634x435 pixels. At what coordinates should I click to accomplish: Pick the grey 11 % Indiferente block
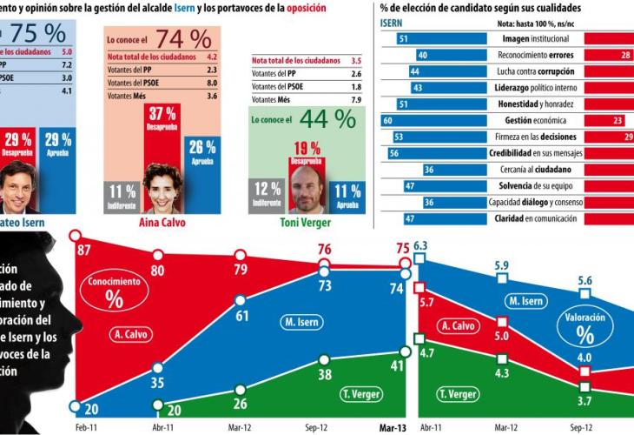121,196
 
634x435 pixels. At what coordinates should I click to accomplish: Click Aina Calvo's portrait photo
162,188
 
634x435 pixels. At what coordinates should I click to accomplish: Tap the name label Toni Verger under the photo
305,222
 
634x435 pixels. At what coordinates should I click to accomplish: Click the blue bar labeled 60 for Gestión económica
429,120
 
